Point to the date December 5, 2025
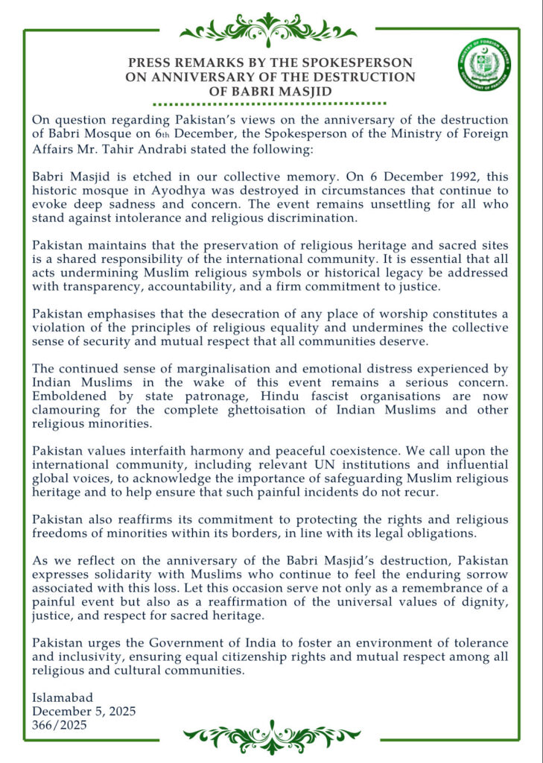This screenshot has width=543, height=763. [83, 712]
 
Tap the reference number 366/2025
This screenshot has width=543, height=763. [60, 724]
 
